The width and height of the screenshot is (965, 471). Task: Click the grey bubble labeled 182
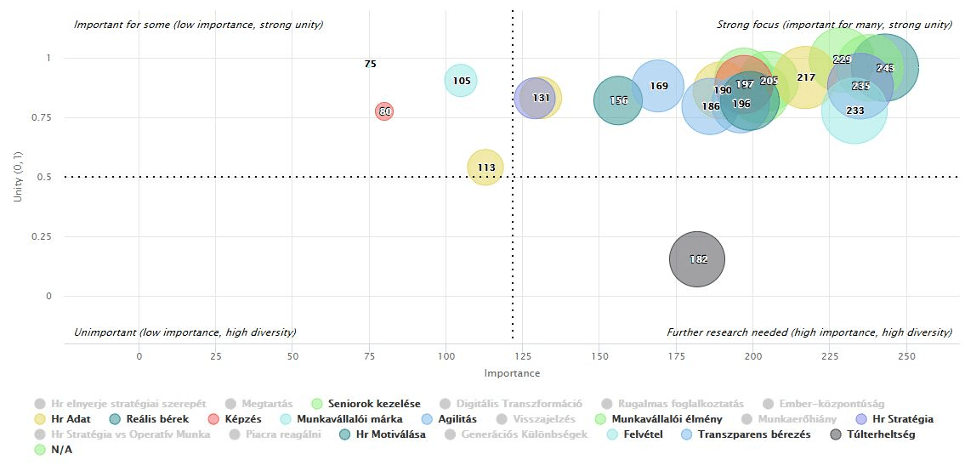click(697, 259)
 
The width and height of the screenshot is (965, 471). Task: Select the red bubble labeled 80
click(384, 111)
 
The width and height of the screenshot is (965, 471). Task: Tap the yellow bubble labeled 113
click(486, 167)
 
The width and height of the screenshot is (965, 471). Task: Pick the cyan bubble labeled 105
click(461, 81)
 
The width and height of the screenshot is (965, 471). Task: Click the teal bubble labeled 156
click(618, 100)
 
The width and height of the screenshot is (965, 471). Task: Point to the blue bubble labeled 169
click(658, 86)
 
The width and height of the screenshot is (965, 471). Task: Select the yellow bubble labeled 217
click(805, 77)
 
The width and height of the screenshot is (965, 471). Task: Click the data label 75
click(370, 64)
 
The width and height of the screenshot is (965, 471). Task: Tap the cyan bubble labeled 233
click(854, 111)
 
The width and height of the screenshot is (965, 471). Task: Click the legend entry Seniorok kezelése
click(373, 404)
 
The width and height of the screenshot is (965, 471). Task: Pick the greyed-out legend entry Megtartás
click(266, 404)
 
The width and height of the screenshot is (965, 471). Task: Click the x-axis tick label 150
click(599, 355)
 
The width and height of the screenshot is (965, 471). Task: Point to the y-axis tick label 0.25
click(42, 236)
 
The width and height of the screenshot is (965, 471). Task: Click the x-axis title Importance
click(512, 373)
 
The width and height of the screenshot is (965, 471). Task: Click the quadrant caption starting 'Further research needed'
click(809, 332)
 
